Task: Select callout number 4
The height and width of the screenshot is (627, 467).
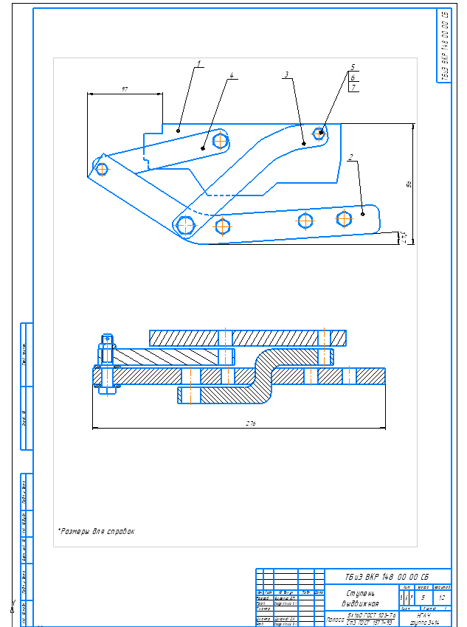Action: pyautogui.click(x=232, y=75)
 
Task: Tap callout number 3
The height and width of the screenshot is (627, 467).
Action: pyautogui.click(x=286, y=75)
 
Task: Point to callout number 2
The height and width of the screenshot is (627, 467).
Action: pyautogui.click(x=351, y=156)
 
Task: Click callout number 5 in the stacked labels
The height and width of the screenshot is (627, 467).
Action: pyautogui.click(x=353, y=66)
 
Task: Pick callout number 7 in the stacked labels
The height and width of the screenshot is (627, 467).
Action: pyautogui.click(x=353, y=88)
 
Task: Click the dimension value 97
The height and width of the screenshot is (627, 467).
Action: pyautogui.click(x=125, y=89)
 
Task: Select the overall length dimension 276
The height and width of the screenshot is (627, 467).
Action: pyautogui.click(x=238, y=423)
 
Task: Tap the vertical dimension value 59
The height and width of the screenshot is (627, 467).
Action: pyautogui.click(x=409, y=184)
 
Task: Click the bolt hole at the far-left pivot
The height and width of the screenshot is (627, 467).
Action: pyautogui.click(x=102, y=169)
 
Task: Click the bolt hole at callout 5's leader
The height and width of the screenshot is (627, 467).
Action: pyautogui.click(x=320, y=134)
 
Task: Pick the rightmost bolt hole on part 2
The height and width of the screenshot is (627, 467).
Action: pyautogui.click(x=344, y=218)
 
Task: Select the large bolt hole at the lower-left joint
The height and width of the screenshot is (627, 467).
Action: pyautogui.click(x=186, y=224)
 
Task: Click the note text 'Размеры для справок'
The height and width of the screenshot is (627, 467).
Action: pyautogui.click(x=96, y=530)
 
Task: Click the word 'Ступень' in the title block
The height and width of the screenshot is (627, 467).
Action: pyautogui.click(x=359, y=593)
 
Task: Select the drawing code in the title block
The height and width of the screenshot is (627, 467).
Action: pyautogui.click(x=387, y=576)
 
